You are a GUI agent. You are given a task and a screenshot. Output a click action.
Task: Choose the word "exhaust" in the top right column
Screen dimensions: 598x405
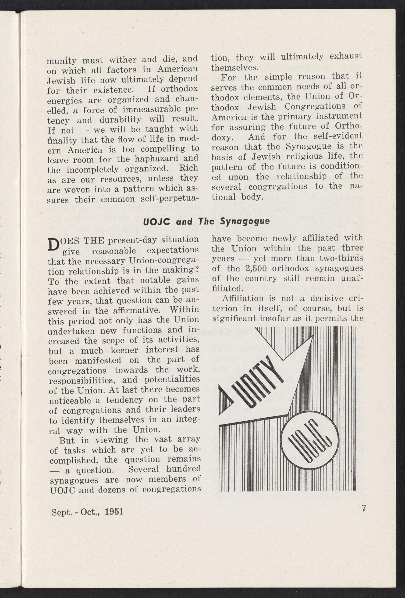(x=346, y=56)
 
